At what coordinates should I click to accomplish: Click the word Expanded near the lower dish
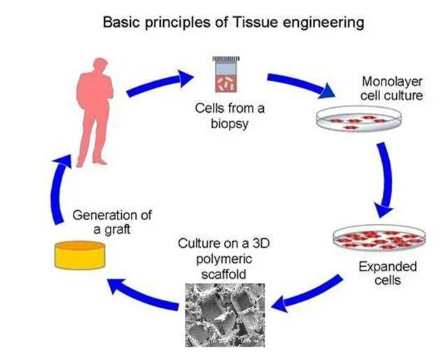click(387, 267)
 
